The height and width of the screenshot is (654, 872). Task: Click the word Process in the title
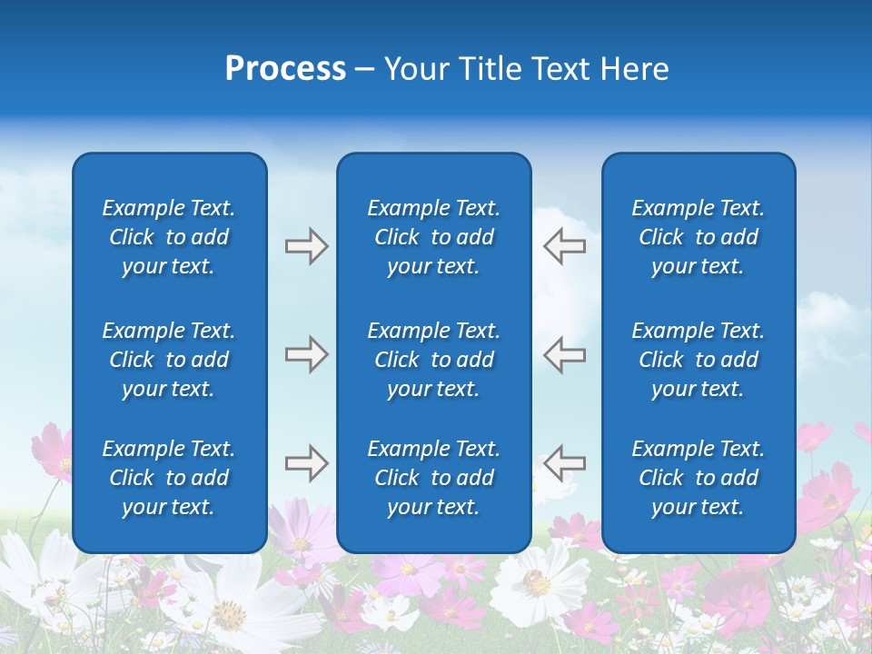coord(285,69)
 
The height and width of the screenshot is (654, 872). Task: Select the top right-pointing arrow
coord(306,246)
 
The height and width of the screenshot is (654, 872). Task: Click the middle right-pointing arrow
coord(306,354)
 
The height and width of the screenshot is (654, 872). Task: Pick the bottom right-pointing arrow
coord(306,463)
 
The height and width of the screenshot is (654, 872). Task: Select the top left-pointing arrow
coord(564,246)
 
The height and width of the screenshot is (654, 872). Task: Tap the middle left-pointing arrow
coord(564,354)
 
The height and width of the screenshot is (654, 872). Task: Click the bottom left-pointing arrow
coord(564,463)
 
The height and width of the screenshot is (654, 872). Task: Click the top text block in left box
coord(169,237)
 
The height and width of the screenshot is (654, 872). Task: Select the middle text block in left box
coord(169,360)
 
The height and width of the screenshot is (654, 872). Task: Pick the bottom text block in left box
coord(169,478)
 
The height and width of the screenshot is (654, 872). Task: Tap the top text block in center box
coord(434,237)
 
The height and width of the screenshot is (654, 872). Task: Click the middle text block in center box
coord(434,360)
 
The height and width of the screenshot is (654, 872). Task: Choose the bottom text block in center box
coord(434,478)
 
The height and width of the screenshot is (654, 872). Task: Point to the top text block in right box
coord(699,237)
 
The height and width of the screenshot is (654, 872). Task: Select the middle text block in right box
coord(699,360)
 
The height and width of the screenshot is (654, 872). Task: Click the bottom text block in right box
coord(699,478)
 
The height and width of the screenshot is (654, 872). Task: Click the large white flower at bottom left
coord(227,609)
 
